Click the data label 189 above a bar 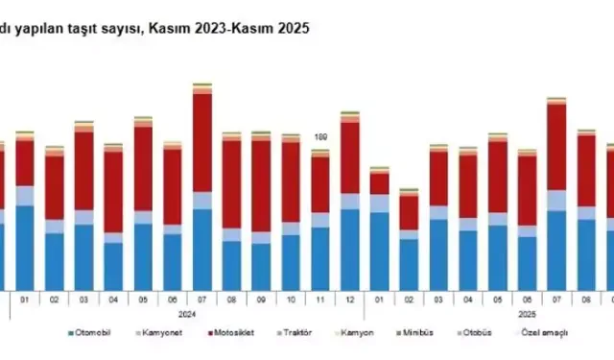319,137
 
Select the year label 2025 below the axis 527,313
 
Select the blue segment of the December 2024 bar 349,250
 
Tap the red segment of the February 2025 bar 409,211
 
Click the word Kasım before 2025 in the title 243,30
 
